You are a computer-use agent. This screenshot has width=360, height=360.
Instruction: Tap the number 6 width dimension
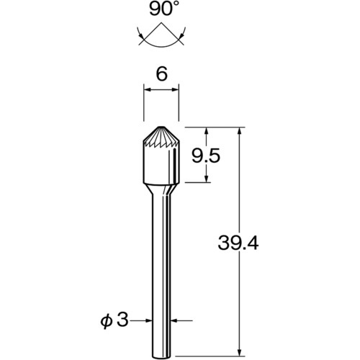coord(161,74)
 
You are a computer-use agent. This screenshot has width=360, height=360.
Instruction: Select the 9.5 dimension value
coord(206,156)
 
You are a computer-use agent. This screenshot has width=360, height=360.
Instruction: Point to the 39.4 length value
coord(238,243)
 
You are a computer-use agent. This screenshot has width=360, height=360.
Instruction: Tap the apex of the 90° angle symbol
coord(161,23)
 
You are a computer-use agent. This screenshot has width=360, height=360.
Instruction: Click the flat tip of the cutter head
coord(161,127)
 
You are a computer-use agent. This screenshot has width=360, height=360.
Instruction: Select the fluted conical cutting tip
coord(161,138)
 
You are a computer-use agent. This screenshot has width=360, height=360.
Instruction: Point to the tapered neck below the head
coord(161,189)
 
